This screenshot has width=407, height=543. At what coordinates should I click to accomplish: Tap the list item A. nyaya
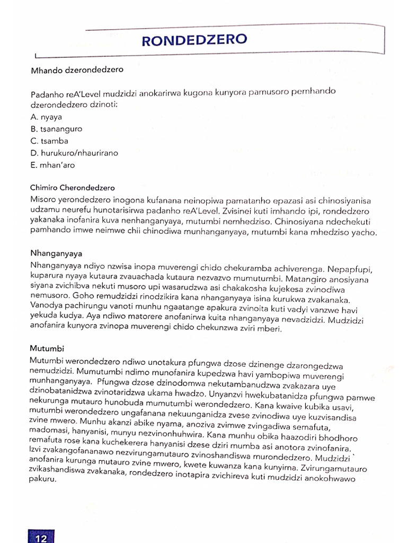point(46,117)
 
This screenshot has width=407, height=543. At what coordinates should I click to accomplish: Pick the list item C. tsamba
point(50,141)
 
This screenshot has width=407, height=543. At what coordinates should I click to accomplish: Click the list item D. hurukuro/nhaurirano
point(74,153)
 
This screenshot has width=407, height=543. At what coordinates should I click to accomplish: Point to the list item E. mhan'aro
point(53,165)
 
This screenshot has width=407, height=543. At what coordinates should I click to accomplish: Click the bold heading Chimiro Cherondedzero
point(73,188)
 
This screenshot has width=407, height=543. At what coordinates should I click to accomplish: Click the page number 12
point(41,538)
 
